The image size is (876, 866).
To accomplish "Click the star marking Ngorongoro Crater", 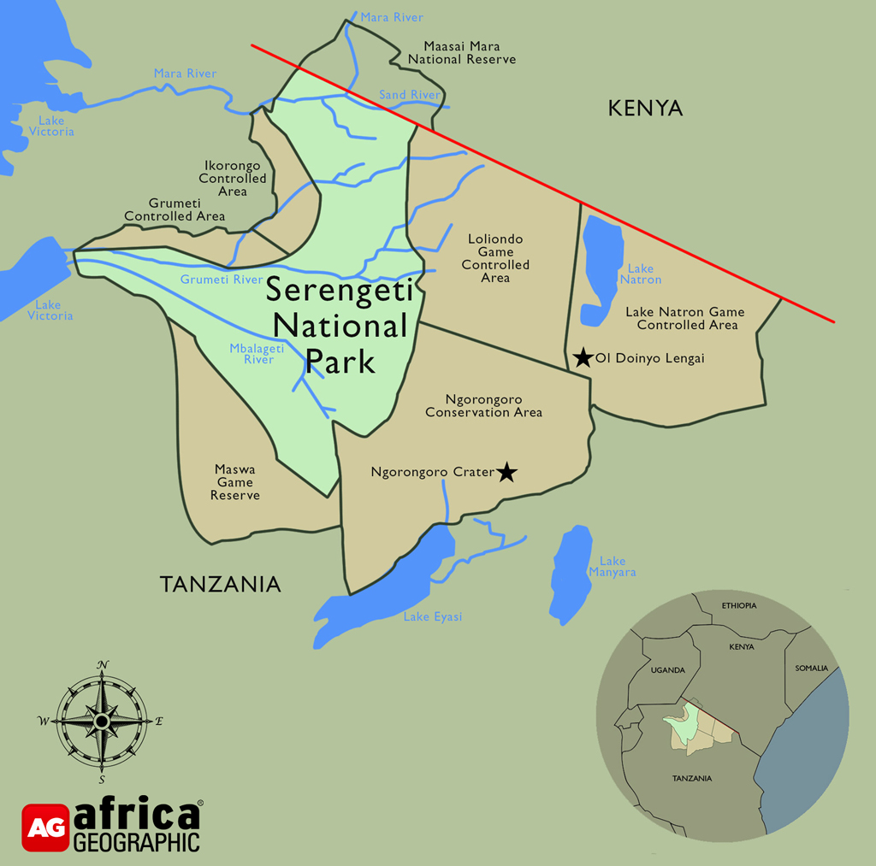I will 507,472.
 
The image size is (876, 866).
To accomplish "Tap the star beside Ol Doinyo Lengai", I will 583,358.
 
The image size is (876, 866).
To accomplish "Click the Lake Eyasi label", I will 432,616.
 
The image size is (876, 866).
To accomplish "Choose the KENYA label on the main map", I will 646,109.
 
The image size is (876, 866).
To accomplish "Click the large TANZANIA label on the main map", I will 220,584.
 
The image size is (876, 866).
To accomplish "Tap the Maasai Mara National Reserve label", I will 462,53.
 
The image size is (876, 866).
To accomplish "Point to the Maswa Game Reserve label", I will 235,482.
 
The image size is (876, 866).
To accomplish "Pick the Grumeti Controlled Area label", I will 175,209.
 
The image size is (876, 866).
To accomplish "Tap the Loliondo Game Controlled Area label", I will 495,258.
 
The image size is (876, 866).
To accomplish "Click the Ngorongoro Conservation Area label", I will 483,406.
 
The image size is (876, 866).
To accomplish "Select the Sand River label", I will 409,95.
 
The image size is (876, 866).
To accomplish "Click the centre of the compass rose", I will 102,722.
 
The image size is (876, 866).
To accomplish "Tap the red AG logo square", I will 45,828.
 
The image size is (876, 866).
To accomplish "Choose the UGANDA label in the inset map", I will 667,670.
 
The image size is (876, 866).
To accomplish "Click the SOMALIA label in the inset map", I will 812,668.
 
